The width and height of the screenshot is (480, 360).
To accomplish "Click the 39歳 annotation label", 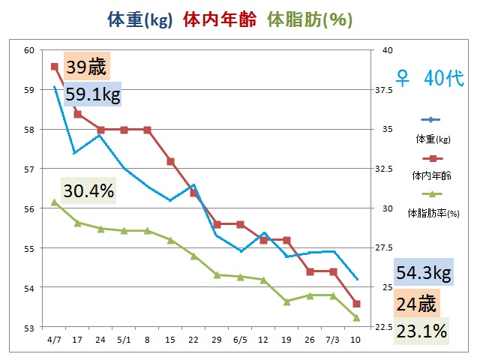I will click(87, 67).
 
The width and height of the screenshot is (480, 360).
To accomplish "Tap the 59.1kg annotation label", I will click(93, 95).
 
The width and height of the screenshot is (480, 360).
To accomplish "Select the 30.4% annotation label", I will click(88, 191).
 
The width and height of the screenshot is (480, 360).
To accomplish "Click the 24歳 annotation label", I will click(416, 304).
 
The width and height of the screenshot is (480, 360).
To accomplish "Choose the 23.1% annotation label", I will click(421, 330).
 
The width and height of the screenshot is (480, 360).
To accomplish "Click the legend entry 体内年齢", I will click(431, 176).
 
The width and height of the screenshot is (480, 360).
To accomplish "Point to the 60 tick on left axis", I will click(29, 50).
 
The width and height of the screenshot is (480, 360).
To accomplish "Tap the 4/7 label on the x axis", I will click(54, 339).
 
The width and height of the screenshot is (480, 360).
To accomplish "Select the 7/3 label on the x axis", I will click(333, 339).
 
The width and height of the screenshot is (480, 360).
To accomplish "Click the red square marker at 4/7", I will click(55, 66).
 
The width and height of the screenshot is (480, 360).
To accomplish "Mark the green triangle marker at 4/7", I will click(55, 202).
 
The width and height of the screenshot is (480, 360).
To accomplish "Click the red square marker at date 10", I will click(356, 304).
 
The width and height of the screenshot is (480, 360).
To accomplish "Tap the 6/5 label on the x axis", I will click(240, 339).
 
